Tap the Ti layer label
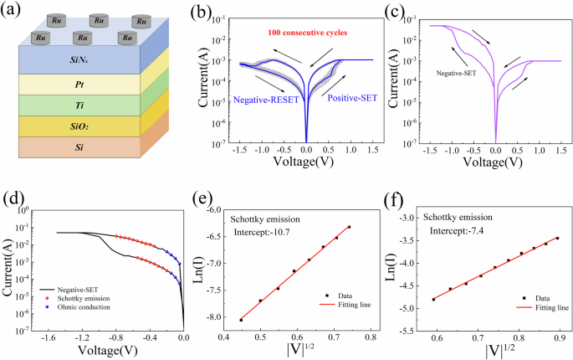[82, 106]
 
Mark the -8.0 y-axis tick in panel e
[211, 317]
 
